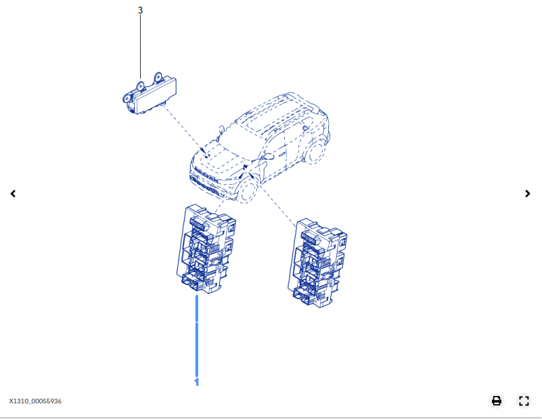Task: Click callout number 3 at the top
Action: point(140,10)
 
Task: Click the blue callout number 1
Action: point(197,382)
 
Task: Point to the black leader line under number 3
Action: point(140,47)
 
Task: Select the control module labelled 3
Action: point(150,93)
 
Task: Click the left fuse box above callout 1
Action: point(206,248)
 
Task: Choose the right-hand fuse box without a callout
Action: point(317,263)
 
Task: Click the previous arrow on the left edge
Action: point(13,194)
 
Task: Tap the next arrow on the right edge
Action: point(528,194)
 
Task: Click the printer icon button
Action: point(497,401)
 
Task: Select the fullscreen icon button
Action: point(524,401)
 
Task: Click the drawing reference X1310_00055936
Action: point(35,401)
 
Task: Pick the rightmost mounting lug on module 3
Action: point(158,77)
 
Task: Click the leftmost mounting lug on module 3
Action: point(127,99)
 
